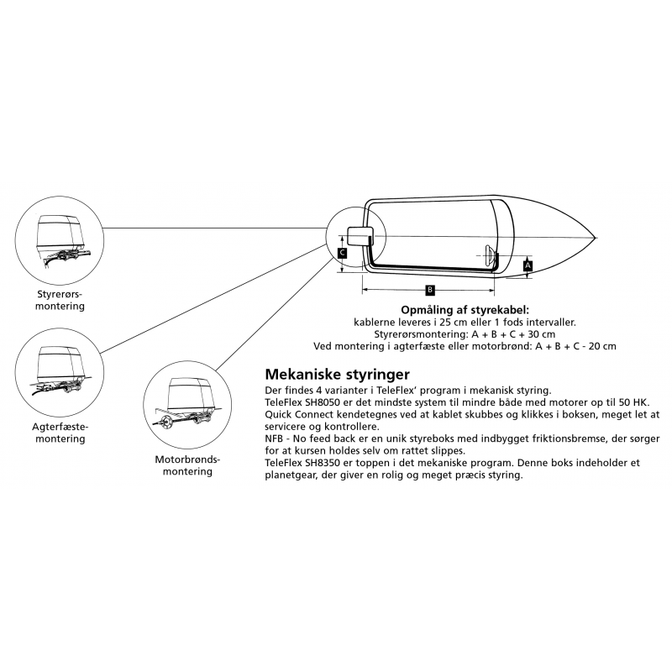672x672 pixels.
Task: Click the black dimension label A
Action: (x=528, y=265)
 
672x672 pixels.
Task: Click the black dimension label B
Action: (x=430, y=290)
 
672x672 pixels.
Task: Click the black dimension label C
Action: (x=342, y=253)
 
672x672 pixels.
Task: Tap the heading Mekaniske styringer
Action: (x=338, y=374)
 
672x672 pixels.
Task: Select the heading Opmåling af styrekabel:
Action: (x=465, y=310)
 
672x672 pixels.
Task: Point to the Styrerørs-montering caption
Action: (x=60, y=300)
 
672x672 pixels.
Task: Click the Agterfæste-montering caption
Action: (x=60, y=433)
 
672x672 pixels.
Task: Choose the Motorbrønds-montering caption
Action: (x=187, y=465)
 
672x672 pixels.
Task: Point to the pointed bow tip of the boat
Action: (x=596, y=238)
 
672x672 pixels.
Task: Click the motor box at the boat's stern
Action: (x=359, y=237)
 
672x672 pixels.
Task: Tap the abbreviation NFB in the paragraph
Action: (x=273, y=438)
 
